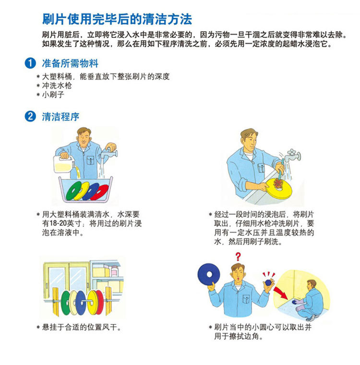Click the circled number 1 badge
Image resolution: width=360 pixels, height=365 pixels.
pyautogui.click(x=30, y=63)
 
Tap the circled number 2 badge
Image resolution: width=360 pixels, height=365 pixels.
pyautogui.click(x=30, y=117)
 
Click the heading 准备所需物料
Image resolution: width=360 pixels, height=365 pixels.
pyautogui.click(x=70, y=63)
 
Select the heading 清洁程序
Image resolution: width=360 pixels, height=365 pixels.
pyautogui.click(x=60, y=117)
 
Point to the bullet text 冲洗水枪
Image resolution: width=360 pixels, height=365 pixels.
pyautogui.click(x=57, y=85)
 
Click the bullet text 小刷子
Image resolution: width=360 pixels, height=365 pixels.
pyautogui.click(x=53, y=94)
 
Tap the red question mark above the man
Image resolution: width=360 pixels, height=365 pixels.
pyautogui.click(x=238, y=257)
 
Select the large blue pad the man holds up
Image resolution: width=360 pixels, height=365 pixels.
pyautogui.click(x=208, y=275)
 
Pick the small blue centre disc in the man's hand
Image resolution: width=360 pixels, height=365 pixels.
pyautogui.click(x=268, y=283)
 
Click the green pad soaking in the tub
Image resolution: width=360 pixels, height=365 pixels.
pyautogui.click(x=73, y=191)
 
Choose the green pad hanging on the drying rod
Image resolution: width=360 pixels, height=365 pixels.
pyautogui.click(x=65, y=303)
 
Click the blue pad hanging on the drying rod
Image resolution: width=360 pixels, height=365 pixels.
pyautogui.click(x=81, y=303)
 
